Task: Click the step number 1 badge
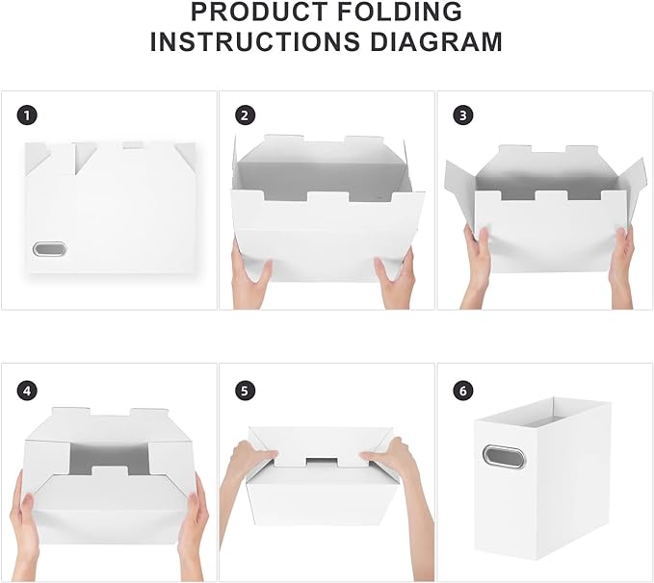[28, 115]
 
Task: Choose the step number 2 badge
[246, 115]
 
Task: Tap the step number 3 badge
[463, 115]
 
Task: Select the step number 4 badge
[28, 391]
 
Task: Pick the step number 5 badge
[246, 391]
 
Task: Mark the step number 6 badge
[463, 391]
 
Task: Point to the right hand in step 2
[396, 276]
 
